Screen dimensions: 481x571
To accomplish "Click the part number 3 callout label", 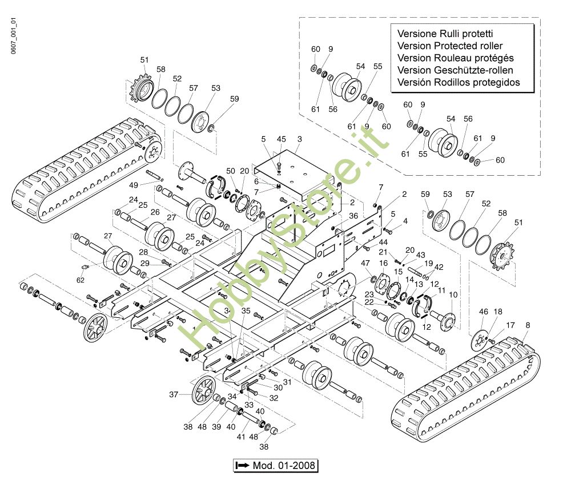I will pyautogui.click(x=299, y=139).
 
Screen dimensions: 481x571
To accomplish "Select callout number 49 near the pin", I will pyautogui.click(x=134, y=185).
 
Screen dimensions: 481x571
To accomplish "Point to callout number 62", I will pyautogui.click(x=81, y=280).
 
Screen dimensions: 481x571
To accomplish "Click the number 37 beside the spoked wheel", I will pyautogui.click(x=174, y=394).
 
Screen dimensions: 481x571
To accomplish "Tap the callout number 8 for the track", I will pyautogui.click(x=527, y=325).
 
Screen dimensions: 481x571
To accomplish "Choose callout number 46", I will pyautogui.click(x=483, y=312).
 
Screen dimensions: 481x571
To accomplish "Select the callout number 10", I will pyautogui.click(x=453, y=294).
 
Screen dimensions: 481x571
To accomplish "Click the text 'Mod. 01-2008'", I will pyautogui.click(x=283, y=466).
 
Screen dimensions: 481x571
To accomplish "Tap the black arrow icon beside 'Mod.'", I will pyautogui.click(x=243, y=466).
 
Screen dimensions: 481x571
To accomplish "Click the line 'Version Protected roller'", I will pyautogui.click(x=450, y=46).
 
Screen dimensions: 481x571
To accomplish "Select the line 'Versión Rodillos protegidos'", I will pyautogui.click(x=459, y=82).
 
